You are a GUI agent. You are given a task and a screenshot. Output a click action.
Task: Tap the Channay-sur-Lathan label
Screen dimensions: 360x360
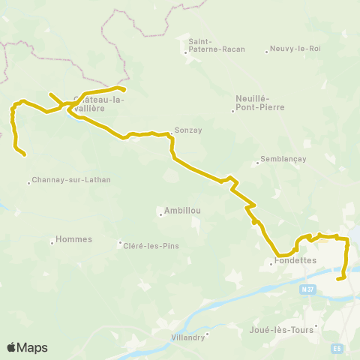click(x=64, y=181)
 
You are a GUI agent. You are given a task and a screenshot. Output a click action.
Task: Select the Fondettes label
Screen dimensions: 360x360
click(x=295, y=261)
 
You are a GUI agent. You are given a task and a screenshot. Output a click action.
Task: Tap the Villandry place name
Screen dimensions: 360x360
click(x=187, y=337)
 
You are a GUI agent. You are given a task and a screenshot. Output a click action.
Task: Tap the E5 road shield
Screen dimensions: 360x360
click(x=337, y=347)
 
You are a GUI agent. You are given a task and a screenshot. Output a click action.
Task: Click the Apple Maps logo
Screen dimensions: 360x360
click(x=27, y=347)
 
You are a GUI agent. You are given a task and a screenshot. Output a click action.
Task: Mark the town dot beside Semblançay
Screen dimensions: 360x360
click(x=257, y=160)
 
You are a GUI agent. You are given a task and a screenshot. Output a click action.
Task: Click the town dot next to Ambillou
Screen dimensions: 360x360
click(x=160, y=214)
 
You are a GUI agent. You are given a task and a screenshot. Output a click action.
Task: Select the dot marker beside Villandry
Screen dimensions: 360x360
click(x=208, y=334)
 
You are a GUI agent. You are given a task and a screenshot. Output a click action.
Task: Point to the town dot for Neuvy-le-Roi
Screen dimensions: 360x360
click(x=266, y=52)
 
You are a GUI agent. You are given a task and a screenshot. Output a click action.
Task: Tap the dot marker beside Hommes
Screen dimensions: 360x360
click(x=52, y=241)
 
